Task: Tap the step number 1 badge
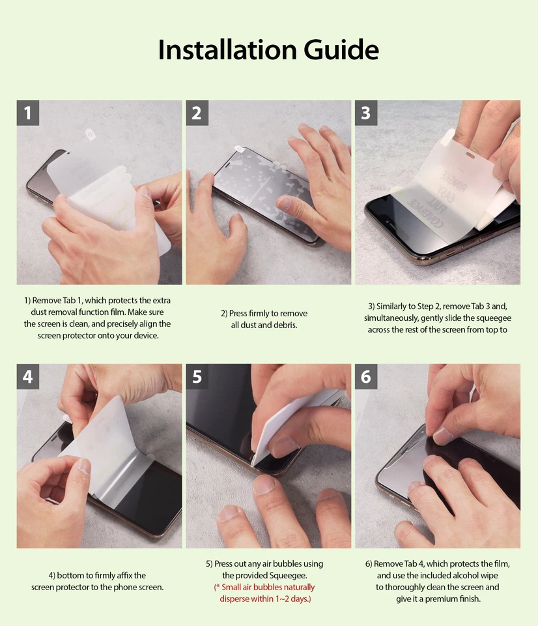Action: click(28, 113)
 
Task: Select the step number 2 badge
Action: click(197, 113)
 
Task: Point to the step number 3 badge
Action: click(366, 113)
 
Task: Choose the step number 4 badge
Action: click(28, 376)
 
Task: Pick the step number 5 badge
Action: click(197, 376)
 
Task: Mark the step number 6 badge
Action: click(366, 376)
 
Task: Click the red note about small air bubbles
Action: click(264, 593)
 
